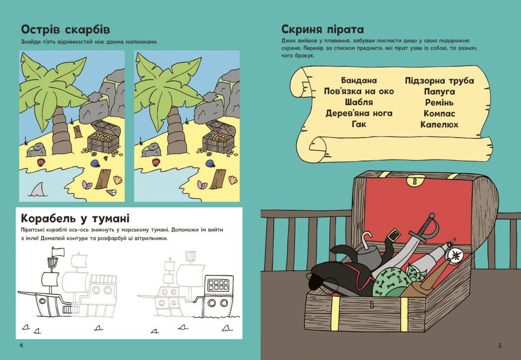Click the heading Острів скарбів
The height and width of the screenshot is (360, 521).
tap(65, 30)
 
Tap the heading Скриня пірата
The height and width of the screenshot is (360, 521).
tap(323, 29)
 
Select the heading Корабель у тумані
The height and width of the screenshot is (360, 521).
tap(75, 218)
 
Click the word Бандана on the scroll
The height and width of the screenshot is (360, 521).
tap(359, 80)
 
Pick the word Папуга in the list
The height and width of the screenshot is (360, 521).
tap(439, 92)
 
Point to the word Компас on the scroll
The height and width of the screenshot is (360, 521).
tap(439, 114)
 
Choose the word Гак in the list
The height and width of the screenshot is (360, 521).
tap(359, 124)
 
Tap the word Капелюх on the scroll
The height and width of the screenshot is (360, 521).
tap(439, 125)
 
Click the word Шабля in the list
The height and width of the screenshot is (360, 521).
tap(359, 102)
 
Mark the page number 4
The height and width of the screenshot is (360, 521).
tap(21, 346)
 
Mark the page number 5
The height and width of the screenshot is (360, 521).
tap(500, 346)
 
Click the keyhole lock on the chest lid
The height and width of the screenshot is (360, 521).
tap(414, 181)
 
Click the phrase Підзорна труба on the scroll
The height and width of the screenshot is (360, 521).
tap(439, 81)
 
